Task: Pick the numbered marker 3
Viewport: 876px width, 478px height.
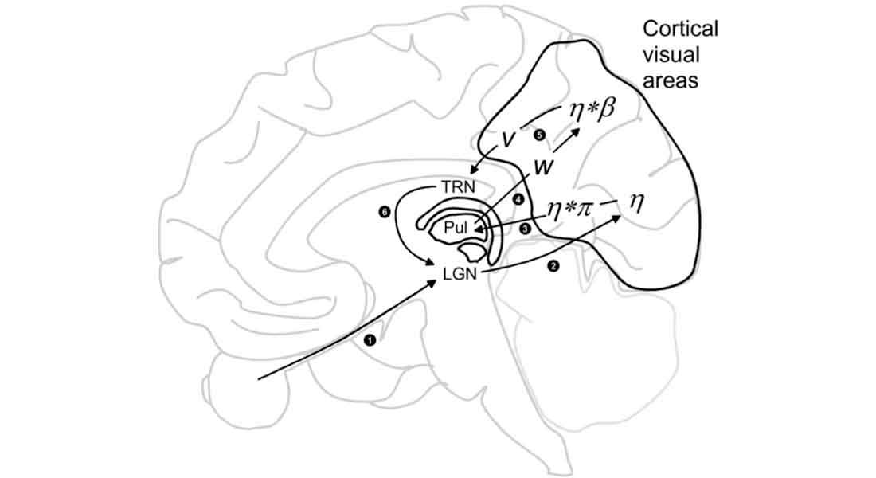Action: pyautogui.click(x=525, y=228)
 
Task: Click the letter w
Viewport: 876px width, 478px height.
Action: pyautogui.click(x=545, y=169)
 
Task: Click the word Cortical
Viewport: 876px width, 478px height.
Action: pyautogui.click(x=680, y=29)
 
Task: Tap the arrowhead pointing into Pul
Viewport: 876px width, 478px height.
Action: pyautogui.click(x=476, y=231)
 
